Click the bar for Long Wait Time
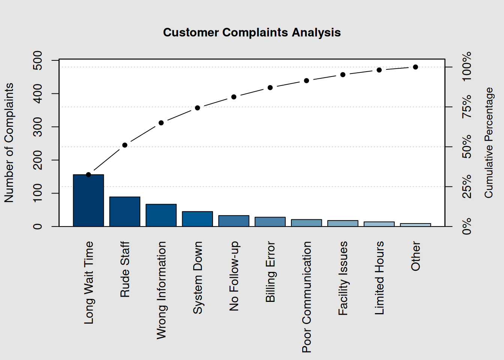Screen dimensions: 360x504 click(x=88, y=201)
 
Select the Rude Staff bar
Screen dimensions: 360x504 click(x=125, y=211)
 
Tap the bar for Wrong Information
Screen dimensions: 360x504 click(x=161, y=215)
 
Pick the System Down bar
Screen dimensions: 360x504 click(x=198, y=219)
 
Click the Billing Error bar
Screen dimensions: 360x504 click(x=270, y=222)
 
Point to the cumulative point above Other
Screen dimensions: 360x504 click(x=415, y=67)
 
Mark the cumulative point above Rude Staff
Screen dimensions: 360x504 click(x=125, y=145)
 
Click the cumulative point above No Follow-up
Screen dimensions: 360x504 click(x=234, y=97)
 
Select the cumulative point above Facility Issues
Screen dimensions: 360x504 click(x=343, y=75)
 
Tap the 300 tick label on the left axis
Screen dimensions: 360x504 click(x=38, y=127)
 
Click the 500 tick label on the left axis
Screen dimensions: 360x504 click(x=38, y=60)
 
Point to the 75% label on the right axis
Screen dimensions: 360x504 click(x=467, y=107)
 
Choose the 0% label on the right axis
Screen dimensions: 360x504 click(x=467, y=226)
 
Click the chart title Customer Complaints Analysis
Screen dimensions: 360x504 click(x=252, y=33)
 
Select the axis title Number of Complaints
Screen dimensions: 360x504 click(x=9, y=142)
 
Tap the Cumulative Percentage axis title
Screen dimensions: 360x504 click(x=489, y=142)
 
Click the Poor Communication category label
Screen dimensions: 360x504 click(x=307, y=297)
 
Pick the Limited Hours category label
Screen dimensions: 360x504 click(x=379, y=278)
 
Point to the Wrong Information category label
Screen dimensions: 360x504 click(x=161, y=290)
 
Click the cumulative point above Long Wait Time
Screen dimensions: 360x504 click(x=88, y=175)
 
